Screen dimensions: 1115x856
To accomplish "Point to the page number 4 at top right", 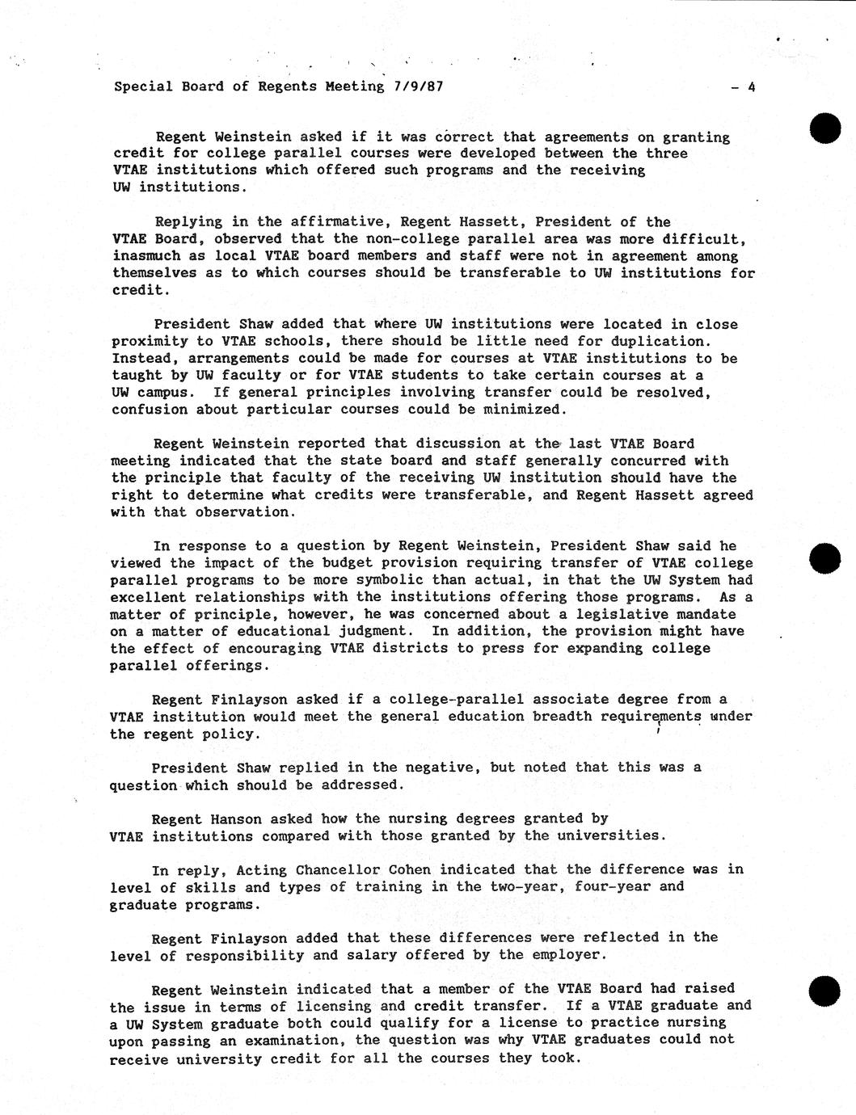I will pyautogui.click(x=751, y=87).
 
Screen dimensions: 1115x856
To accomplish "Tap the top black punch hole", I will pyautogui.click(x=826, y=128).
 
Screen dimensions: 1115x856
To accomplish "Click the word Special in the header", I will pyautogui.click(x=143, y=86).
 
